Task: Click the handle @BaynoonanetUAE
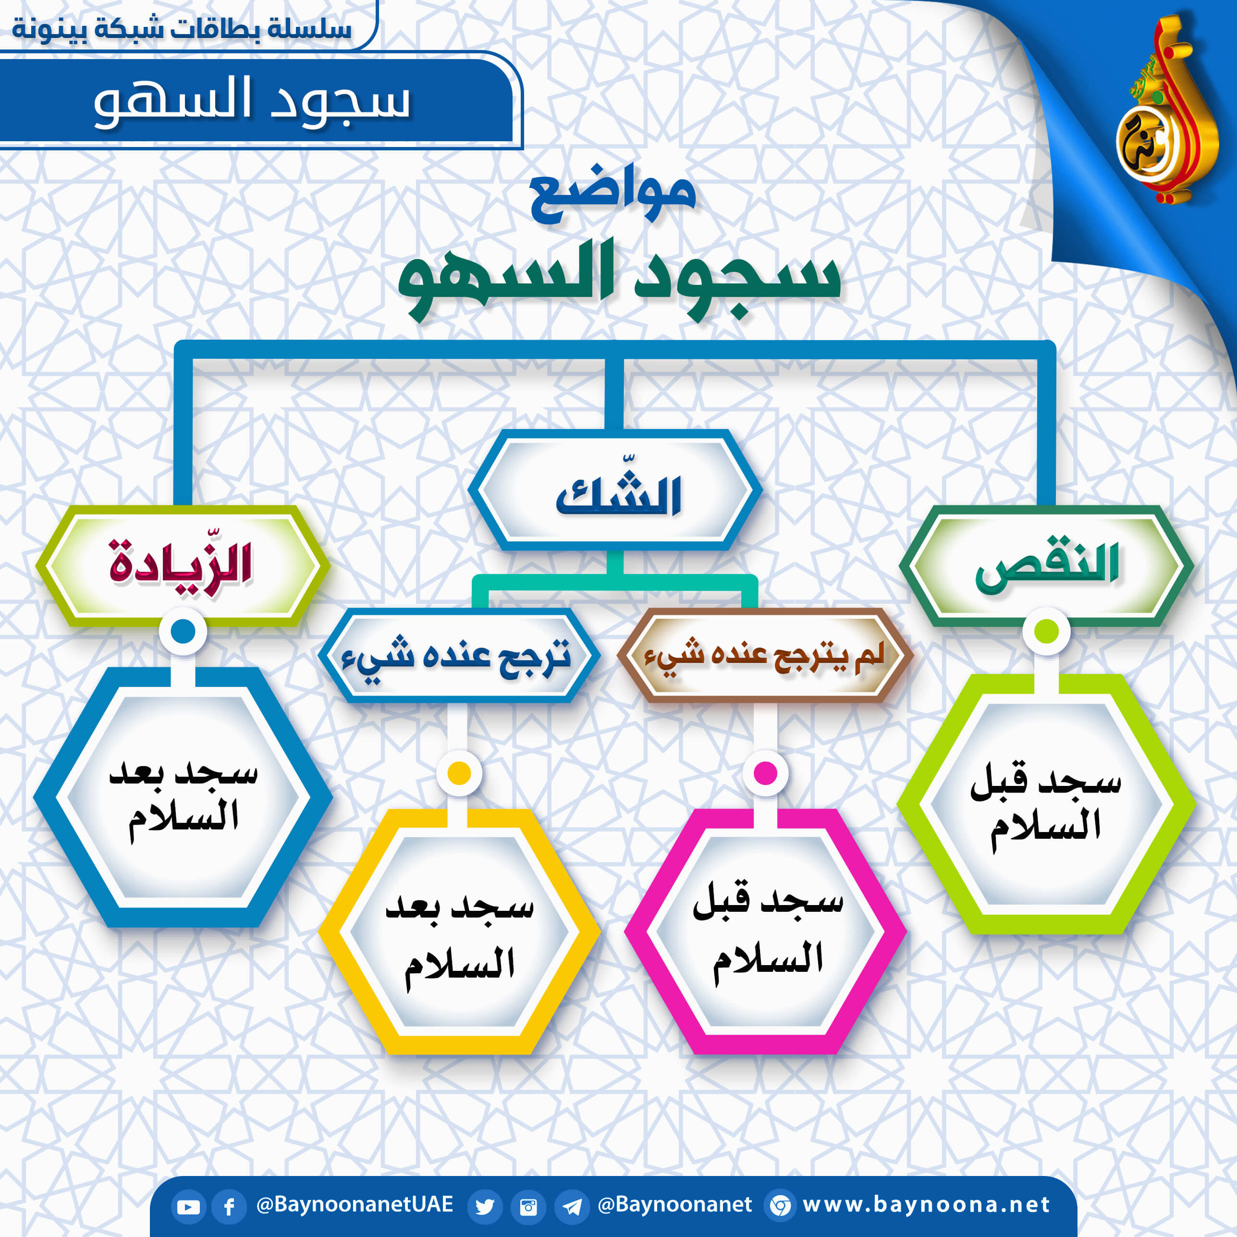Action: coord(354,1204)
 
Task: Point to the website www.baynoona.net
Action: coord(926,1204)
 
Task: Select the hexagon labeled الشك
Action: coord(615,490)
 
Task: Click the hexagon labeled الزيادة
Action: coord(183,566)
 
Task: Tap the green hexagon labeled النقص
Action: coord(1046,566)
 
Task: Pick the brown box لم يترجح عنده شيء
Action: coord(765,655)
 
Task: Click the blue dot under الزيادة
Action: coord(183,631)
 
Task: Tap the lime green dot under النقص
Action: coord(1046,631)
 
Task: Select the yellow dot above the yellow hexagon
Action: coord(459,773)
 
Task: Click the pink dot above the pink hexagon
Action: coord(765,773)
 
